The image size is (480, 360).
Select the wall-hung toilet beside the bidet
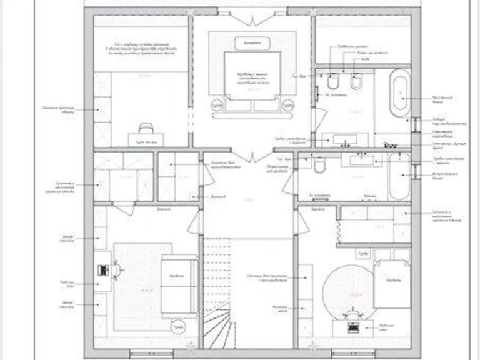click(x=333, y=84)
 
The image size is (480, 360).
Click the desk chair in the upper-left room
click(x=145, y=127)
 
